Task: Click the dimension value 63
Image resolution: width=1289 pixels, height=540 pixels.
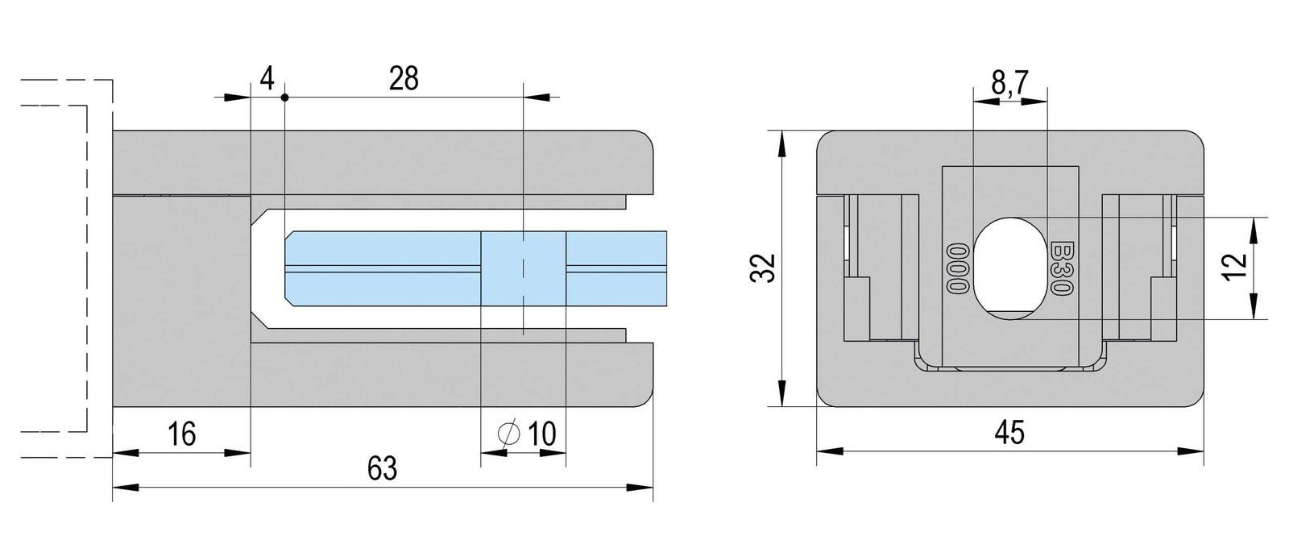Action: (382, 468)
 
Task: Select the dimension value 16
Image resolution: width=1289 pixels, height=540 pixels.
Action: (182, 434)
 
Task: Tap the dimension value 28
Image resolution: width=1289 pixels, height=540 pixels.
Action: (404, 78)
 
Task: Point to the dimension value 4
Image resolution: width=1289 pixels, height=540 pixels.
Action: (267, 78)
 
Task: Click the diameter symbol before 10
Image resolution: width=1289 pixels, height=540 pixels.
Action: (508, 434)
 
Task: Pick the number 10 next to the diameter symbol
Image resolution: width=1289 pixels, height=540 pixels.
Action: (541, 434)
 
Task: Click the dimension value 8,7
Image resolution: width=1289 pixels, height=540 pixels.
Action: (1009, 84)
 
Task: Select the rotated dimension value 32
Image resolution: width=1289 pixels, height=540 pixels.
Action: (762, 268)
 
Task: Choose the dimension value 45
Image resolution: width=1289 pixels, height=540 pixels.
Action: (1009, 432)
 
